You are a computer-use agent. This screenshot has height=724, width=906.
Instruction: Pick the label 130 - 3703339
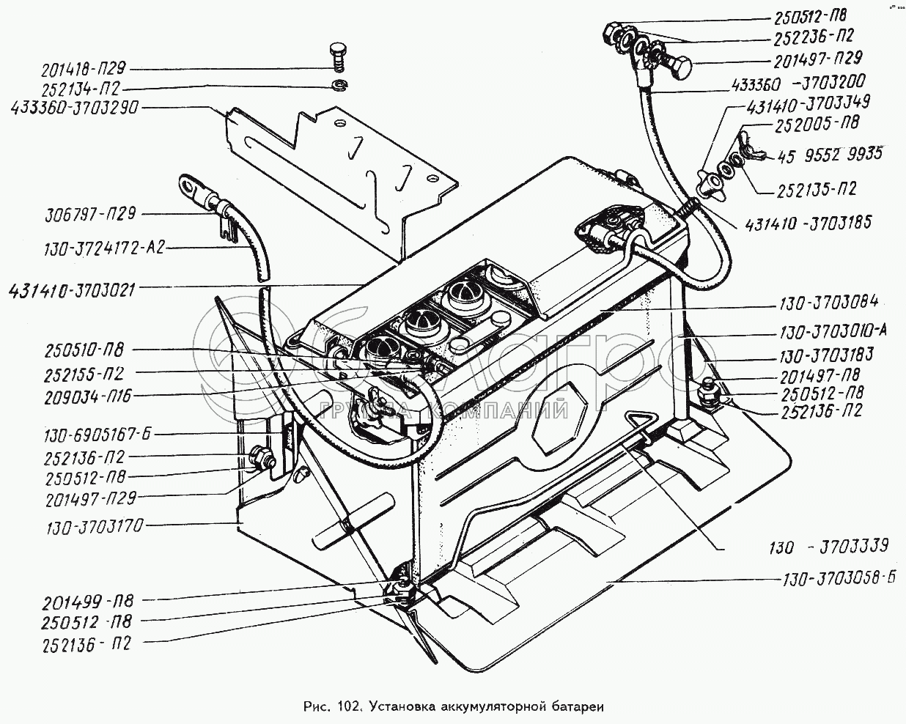click(x=828, y=546)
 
